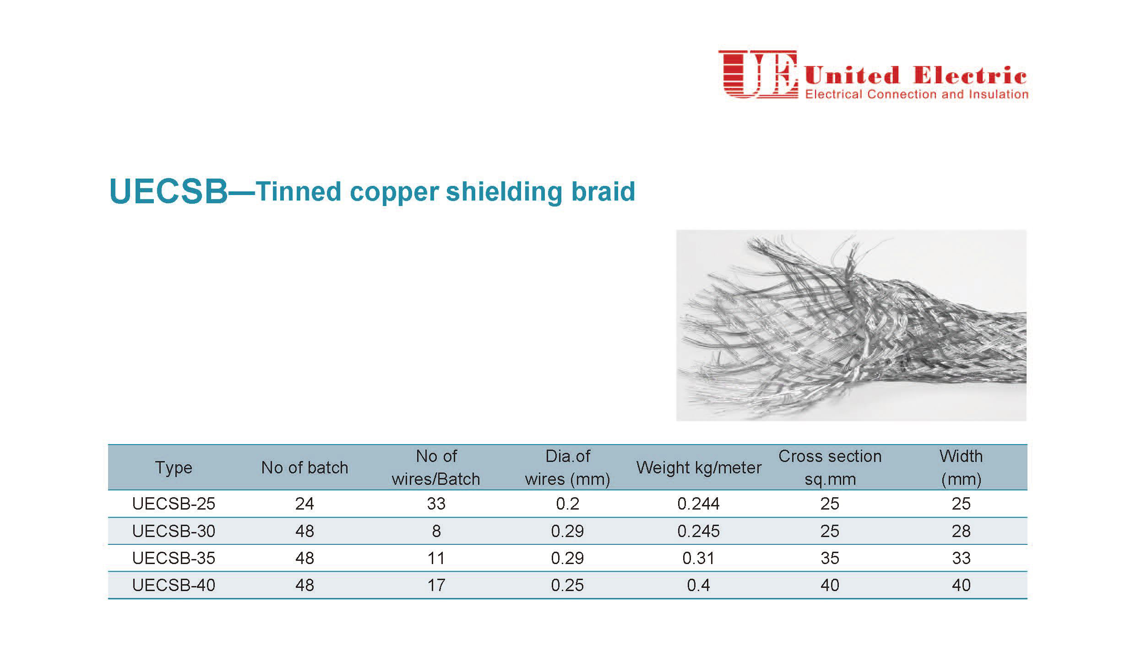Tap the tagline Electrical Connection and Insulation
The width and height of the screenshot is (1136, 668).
(x=917, y=94)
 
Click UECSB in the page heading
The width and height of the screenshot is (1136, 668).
(x=168, y=191)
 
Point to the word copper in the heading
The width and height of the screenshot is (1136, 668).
(x=394, y=193)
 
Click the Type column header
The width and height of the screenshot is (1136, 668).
(x=174, y=467)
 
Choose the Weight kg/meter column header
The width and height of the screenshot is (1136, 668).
(x=699, y=467)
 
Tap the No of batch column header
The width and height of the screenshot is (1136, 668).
(x=304, y=467)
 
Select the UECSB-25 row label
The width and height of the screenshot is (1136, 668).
(x=174, y=504)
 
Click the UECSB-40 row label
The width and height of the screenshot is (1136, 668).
(x=174, y=585)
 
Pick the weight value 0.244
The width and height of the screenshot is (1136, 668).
(x=698, y=504)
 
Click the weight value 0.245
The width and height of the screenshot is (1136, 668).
(x=698, y=531)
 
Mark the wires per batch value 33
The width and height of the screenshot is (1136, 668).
(x=436, y=504)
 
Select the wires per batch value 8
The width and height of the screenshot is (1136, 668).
(x=436, y=531)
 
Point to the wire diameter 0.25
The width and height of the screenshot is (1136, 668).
(x=567, y=585)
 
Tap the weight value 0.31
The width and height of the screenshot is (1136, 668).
(x=698, y=558)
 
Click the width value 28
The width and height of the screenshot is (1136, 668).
(x=961, y=531)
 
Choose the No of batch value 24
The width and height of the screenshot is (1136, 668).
(x=304, y=504)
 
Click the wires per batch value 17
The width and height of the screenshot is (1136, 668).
(x=436, y=585)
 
